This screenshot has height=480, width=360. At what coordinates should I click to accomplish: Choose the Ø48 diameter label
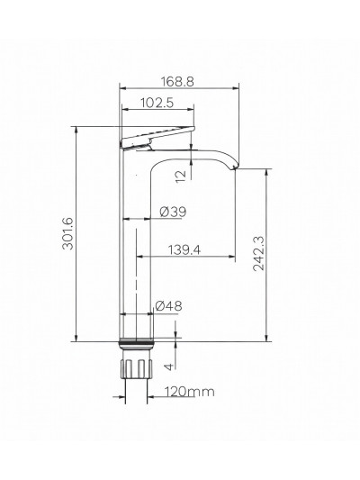pyautogui.click(x=169, y=305)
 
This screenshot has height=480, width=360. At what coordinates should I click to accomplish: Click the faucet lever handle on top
pyautogui.click(x=158, y=138)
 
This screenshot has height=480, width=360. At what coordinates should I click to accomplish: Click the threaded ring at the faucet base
pyautogui.click(x=136, y=343)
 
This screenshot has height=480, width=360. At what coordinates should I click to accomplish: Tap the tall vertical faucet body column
pyautogui.click(x=135, y=252)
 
